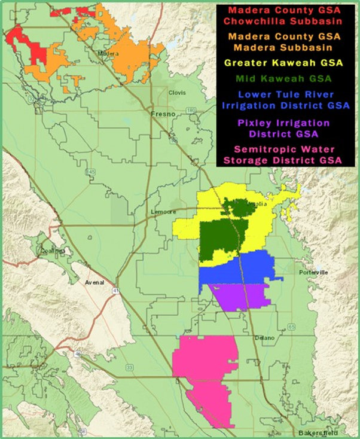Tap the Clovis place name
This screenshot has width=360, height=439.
(177, 93)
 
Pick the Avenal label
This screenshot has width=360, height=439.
(94, 282)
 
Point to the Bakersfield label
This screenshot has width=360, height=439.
(314, 432)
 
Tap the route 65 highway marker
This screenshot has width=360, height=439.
(291, 327)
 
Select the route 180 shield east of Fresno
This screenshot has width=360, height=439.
(191, 111)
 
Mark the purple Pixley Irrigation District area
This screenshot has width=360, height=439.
(239, 295)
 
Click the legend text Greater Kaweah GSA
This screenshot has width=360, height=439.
(279, 62)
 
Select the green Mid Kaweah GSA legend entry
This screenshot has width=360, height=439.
(279, 78)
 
